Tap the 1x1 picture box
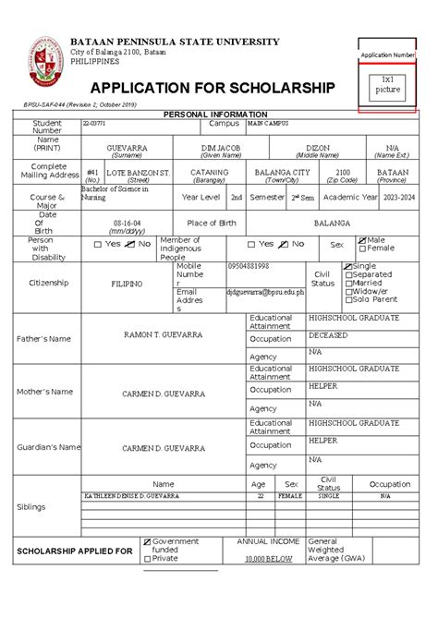[387, 84]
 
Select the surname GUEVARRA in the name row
[127, 148]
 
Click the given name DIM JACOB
[222, 148]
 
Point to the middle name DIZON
[317, 148]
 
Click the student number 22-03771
[94, 123]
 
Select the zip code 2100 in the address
[344, 173]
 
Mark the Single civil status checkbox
[347, 266]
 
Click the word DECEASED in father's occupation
[328, 335]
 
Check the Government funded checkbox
[147, 541]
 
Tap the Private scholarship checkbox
[147, 558]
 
